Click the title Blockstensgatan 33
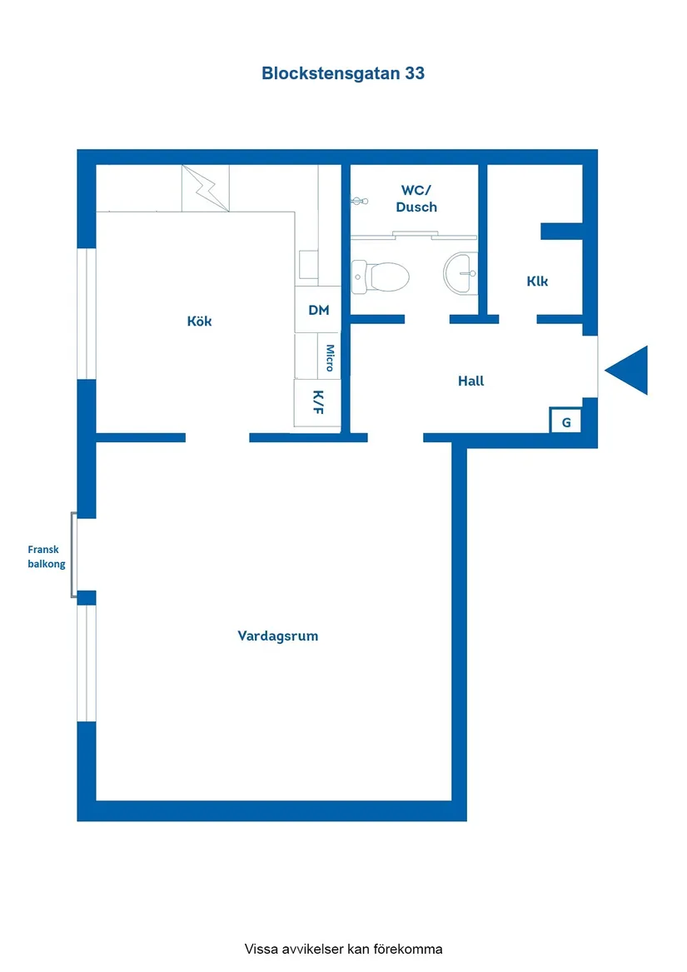pyautogui.click(x=343, y=73)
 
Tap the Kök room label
pyautogui.click(x=199, y=322)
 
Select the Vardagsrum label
pyautogui.click(x=278, y=636)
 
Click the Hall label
pyautogui.click(x=470, y=381)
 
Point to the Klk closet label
pyautogui.click(x=537, y=282)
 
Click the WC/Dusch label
pyautogui.click(x=416, y=198)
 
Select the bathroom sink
pyautogui.click(x=460, y=272)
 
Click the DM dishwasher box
pyautogui.click(x=318, y=310)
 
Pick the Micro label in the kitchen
pyautogui.click(x=330, y=357)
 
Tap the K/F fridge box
pyautogui.click(x=317, y=403)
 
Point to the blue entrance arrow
pyautogui.click(x=628, y=370)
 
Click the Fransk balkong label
pyautogui.click(x=46, y=556)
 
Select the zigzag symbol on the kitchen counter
pyautogui.click(x=206, y=188)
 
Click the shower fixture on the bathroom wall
pyautogui.click(x=359, y=201)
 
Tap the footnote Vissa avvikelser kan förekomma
pyautogui.click(x=343, y=949)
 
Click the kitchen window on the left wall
pyautogui.click(x=86, y=314)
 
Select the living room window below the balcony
pyautogui.click(x=86, y=663)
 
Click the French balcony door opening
pyautogui.click(x=74, y=555)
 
